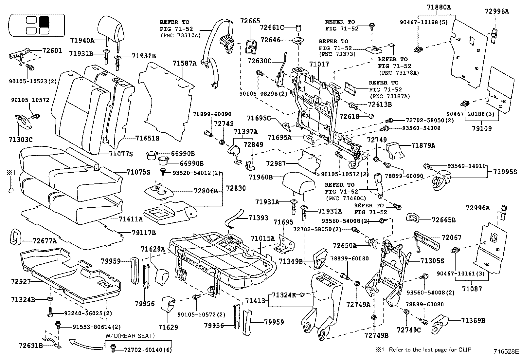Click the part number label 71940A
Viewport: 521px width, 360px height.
tap(82, 41)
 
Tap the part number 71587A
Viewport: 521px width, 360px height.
tap(185, 64)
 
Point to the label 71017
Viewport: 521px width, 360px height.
tap(319, 65)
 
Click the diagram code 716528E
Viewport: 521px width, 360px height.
tap(506, 352)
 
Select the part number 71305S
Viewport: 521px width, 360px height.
tap(432, 261)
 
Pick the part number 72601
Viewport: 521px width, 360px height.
tap(52, 50)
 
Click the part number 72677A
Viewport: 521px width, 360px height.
tap(45, 241)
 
